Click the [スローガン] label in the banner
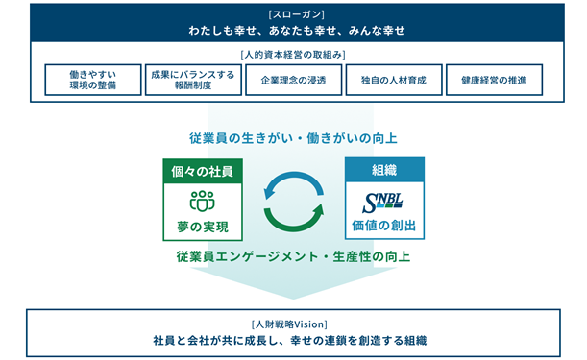coord(297,14)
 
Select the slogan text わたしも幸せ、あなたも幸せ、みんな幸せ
coord(297,31)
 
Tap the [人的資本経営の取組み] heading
coord(293,55)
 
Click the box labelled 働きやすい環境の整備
coord(93,80)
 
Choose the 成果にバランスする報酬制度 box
coord(193,80)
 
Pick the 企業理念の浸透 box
coord(294,80)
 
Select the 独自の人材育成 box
coord(394,80)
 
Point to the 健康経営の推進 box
coord(494,80)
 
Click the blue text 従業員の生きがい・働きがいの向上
coord(293,138)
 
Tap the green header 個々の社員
coord(203,171)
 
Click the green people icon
coord(203,201)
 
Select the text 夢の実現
coord(203,227)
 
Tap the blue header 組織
coord(384,170)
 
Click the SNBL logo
coord(382,203)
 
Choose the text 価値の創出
coord(384,226)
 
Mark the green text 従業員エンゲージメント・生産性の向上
coord(294,256)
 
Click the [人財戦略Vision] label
coord(289,324)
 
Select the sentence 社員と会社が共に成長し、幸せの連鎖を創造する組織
coord(290,341)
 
